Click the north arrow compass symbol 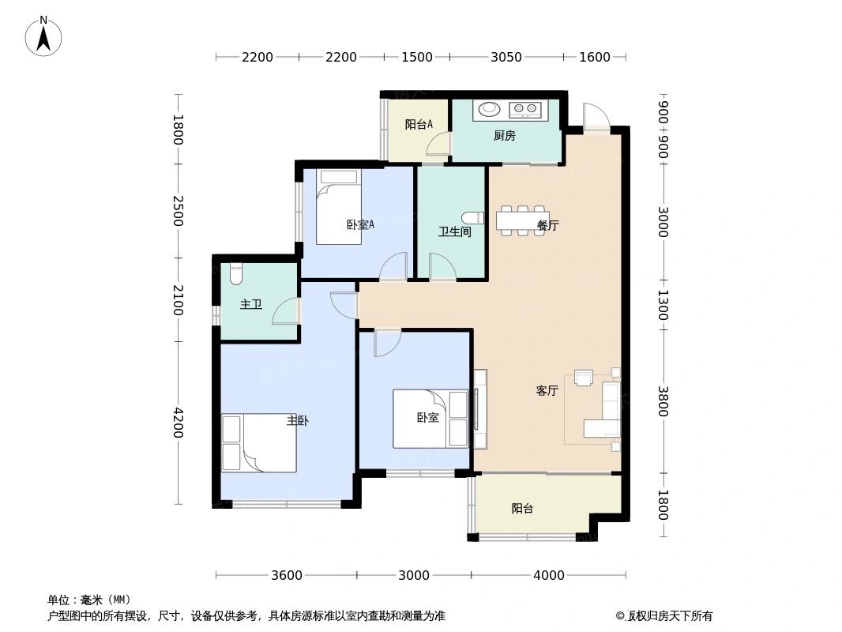[x=43, y=36]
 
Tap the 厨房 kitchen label [x=504, y=136]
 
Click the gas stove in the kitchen [x=525, y=110]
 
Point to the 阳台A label [x=418, y=124]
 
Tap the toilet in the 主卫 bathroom [x=235, y=274]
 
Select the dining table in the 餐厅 [x=522, y=220]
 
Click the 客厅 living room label [x=547, y=390]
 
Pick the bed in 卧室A [x=339, y=208]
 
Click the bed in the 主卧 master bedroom [x=259, y=443]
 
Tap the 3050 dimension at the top [x=506, y=57]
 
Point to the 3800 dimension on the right [x=663, y=401]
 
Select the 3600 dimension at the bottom [x=286, y=575]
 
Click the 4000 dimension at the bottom [x=548, y=575]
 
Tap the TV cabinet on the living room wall [x=479, y=409]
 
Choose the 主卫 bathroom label [x=250, y=304]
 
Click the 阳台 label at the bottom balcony [x=521, y=509]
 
